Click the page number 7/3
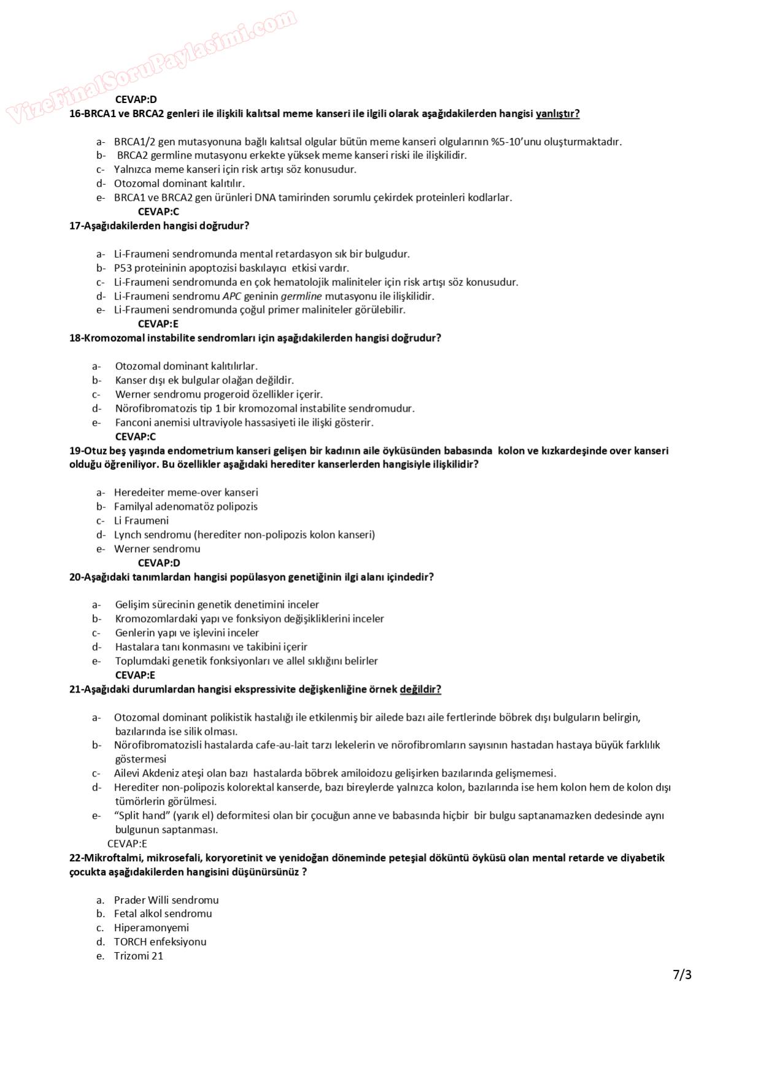point(682,974)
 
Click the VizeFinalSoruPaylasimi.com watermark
point(152,66)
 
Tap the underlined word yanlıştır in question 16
point(557,113)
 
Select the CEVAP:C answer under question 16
point(158,212)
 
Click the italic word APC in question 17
point(231,296)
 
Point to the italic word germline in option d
point(301,296)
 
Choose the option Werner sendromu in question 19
point(157,549)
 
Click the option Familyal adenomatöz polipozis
point(185,507)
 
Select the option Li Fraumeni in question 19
point(141,521)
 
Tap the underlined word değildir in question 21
point(420,690)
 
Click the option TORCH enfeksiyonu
point(160,942)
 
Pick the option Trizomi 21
point(139,956)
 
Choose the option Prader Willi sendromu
point(166,900)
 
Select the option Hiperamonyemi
point(152,928)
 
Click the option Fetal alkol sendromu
point(163,913)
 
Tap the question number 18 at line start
point(75,338)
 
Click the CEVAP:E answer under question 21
point(127,844)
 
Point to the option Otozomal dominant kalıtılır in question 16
point(179,183)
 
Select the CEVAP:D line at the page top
point(136,99)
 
